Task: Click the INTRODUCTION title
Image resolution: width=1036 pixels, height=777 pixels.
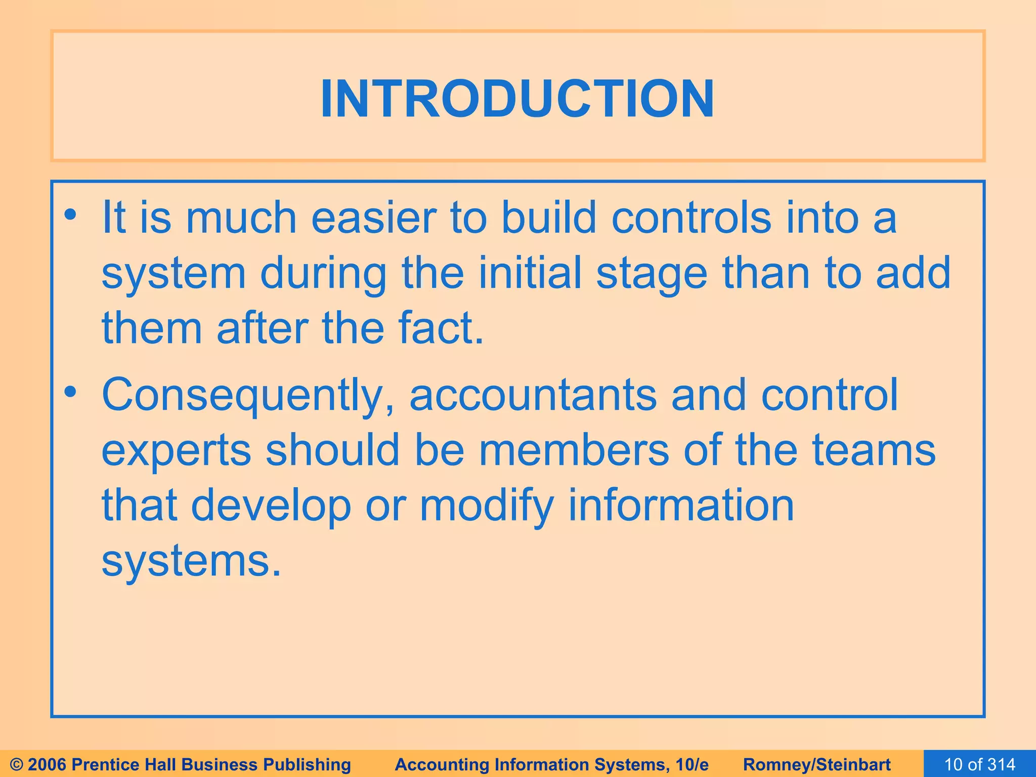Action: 517,99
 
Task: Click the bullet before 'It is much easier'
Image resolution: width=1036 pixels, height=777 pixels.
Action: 70,215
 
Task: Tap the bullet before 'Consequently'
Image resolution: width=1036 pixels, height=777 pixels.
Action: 70,392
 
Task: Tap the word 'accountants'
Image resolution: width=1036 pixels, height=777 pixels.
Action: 533,395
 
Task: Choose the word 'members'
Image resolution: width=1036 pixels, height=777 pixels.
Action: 574,450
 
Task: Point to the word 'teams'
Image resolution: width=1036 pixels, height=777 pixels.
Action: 874,450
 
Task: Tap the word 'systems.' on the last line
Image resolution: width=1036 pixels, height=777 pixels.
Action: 191,562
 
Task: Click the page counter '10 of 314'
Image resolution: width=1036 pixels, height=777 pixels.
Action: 980,764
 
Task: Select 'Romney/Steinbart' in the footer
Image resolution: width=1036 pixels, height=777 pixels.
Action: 817,764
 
